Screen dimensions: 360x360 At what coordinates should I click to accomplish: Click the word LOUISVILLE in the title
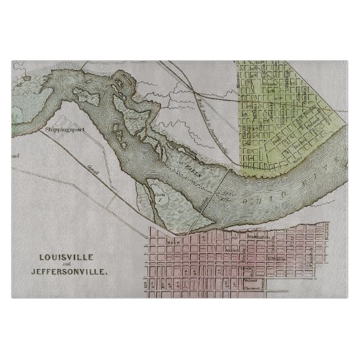(66, 257)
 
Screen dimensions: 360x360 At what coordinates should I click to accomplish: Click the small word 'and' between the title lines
(66, 266)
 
